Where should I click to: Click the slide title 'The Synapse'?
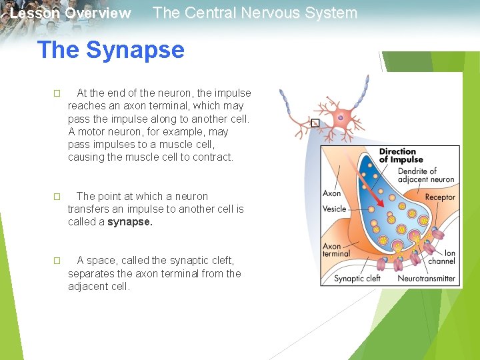coord(111,50)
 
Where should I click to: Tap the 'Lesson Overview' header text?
coord(71,13)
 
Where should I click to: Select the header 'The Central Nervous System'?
coord(255,13)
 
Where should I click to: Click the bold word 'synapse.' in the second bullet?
coord(130,222)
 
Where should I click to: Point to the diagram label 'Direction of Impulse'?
coord(401,155)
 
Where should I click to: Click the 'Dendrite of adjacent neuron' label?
coord(425,175)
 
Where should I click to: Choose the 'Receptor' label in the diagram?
coord(440,197)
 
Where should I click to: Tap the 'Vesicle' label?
coord(334,209)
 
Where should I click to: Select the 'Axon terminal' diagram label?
coord(336,250)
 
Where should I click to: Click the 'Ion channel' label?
coord(441,257)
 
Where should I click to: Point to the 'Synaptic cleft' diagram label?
coord(357,278)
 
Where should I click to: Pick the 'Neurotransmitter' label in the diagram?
coord(426,278)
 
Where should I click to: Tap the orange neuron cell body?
coord(341,117)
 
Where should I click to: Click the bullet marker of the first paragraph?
coord(57,93)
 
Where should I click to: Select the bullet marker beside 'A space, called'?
coord(57,261)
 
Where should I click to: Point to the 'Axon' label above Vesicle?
coord(331,193)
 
